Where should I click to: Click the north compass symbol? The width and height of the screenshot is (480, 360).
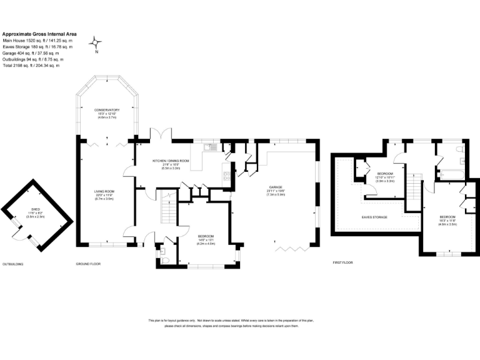[x=96, y=43]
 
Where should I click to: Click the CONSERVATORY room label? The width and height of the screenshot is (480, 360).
[x=107, y=110]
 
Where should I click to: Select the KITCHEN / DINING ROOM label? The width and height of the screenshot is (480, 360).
[x=171, y=161]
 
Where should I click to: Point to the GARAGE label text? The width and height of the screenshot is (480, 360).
[x=276, y=187]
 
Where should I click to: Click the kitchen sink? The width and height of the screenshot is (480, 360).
[x=212, y=148]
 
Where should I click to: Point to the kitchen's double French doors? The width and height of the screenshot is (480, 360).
[x=164, y=134]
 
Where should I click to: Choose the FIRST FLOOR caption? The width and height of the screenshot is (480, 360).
[x=343, y=263]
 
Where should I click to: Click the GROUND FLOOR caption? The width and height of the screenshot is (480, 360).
[x=88, y=264]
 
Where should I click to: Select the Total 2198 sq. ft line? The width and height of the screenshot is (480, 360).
[x=31, y=66]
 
